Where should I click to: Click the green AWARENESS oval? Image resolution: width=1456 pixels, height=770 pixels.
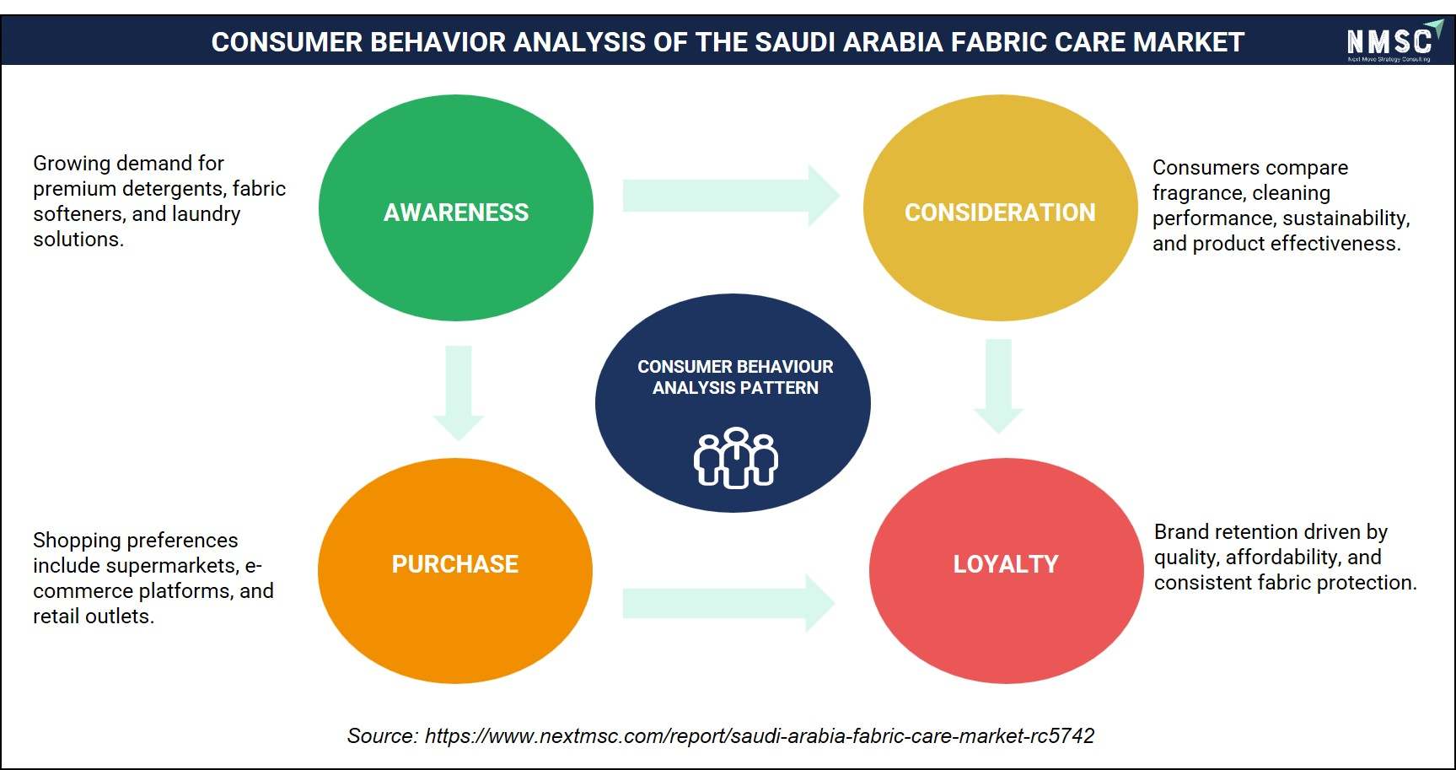(x=455, y=207)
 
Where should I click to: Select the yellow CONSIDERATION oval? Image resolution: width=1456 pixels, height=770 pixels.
(x=1000, y=207)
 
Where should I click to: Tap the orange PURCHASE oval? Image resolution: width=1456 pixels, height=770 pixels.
(x=455, y=571)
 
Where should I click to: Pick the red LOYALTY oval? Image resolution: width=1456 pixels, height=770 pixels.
(x=1006, y=571)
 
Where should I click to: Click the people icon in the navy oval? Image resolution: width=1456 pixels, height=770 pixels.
(x=736, y=458)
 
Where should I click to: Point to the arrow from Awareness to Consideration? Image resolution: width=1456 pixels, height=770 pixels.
(x=731, y=196)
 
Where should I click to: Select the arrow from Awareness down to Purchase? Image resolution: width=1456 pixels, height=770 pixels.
(x=458, y=393)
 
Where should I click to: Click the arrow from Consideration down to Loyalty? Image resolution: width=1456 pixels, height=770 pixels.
(x=998, y=386)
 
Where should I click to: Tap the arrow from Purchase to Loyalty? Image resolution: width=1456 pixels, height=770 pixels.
(x=728, y=603)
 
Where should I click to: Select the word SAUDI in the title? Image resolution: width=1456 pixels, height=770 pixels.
(x=793, y=42)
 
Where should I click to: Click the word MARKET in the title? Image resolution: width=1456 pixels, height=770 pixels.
(x=1189, y=42)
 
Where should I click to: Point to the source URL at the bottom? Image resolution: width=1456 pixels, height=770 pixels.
(x=760, y=736)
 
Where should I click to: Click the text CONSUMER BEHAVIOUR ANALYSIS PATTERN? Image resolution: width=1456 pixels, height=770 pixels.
(x=735, y=377)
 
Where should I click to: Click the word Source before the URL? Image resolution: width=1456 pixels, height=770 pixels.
(x=382, y=736)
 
